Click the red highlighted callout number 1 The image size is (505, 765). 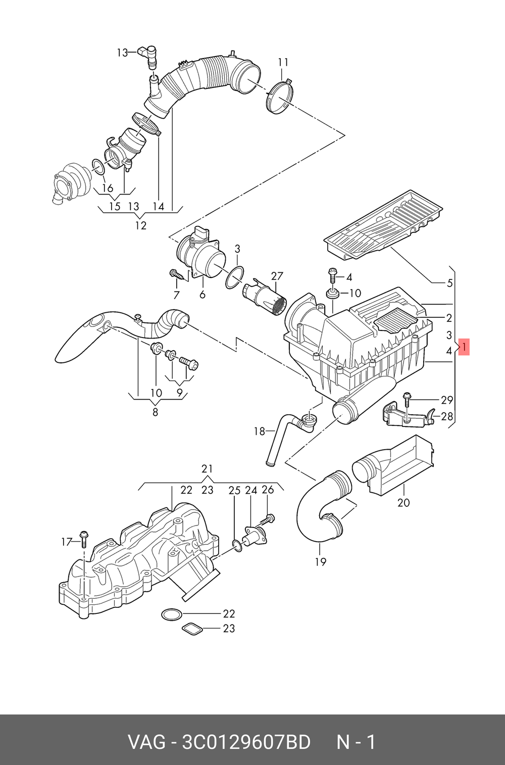[x=464, y=347]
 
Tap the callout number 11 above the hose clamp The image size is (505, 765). [x=283, y=63]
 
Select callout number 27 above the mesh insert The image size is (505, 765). [x=277, y=276]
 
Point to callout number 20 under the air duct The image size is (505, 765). [x=403, y=503]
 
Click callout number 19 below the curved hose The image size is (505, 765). [x=321, y=562]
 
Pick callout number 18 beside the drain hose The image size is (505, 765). [x=260, y=432]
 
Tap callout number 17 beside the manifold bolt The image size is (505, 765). [x=67, y=542]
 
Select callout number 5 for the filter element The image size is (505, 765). [x=449, y=283]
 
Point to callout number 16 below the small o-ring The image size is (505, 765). [x=108, y=188]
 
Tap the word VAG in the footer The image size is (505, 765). [x=147, y=742]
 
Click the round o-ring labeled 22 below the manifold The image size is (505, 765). [x=172, y=615]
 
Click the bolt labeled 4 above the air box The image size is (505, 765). [x=332, y=274]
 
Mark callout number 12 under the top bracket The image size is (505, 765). [x=140, y=225]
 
